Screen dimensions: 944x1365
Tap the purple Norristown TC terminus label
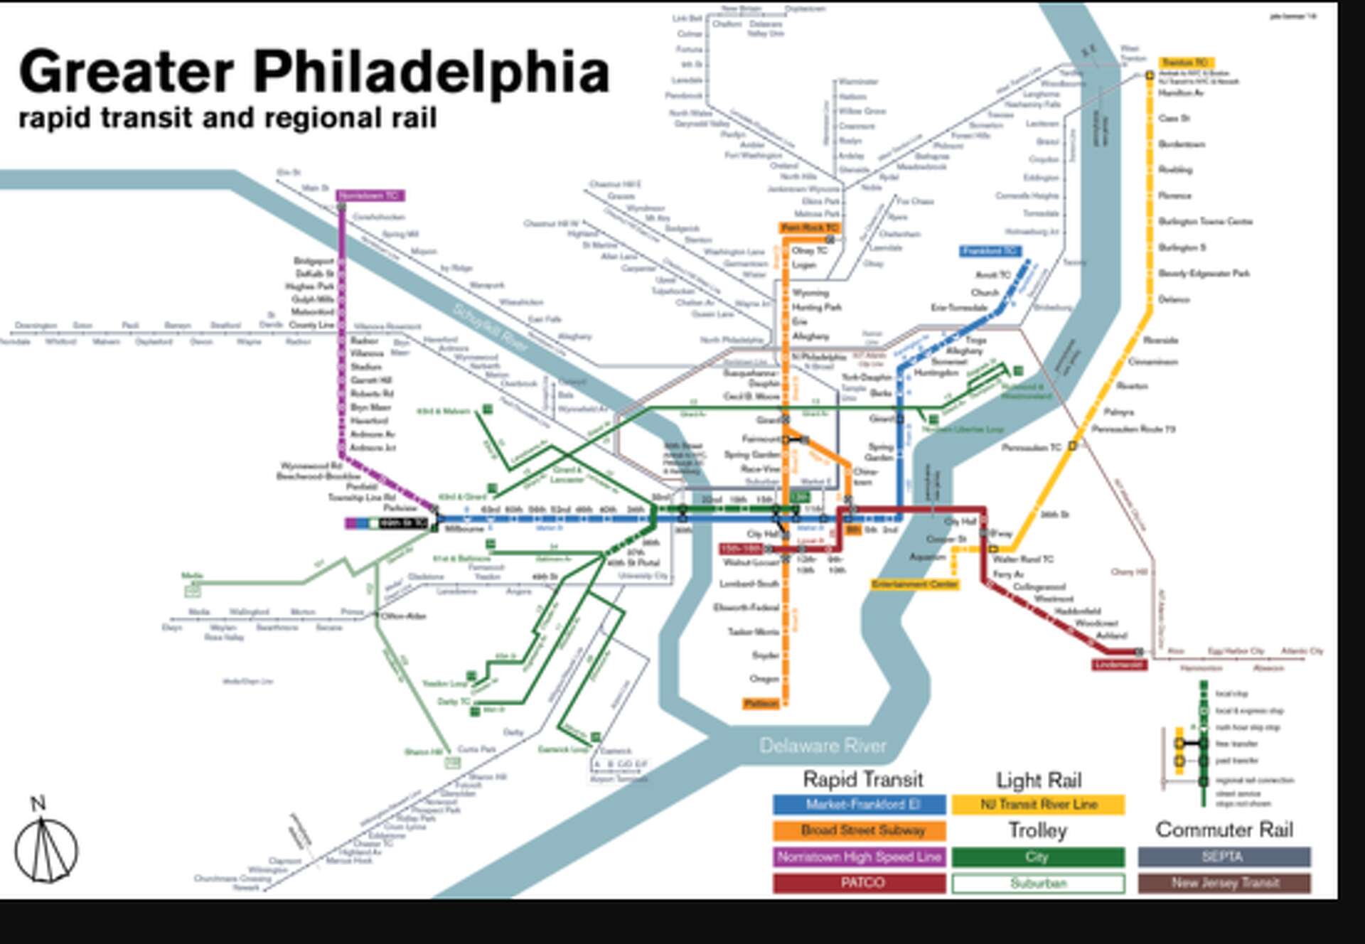[x=370, y=195]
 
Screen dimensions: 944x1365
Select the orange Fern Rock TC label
[x=810, y=228]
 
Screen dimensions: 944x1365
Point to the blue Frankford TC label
[x=990, y=251]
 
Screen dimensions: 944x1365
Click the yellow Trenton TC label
[x=1185, y=63]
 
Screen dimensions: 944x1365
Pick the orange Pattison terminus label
[x=761, y=704]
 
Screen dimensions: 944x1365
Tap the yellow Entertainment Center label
[x=915, y=584]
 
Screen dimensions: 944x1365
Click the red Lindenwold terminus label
[x=1119, y=665]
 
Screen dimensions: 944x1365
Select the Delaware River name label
[x=823, y=746]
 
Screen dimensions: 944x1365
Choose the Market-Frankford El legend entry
[x=860, y=805]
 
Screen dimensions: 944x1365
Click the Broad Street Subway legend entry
[x=860, y=830]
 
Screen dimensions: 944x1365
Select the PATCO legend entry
[x=860, y=883]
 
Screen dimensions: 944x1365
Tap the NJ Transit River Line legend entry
[x=1038, y=805]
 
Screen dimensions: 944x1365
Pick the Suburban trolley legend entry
[x=1038, y=884]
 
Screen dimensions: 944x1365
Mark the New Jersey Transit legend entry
[x=1224, y=883]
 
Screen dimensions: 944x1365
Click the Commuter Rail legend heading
[x=1224, y=830]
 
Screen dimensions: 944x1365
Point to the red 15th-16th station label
[x=741, y=549]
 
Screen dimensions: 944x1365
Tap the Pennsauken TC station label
[x=1031, y=448]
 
